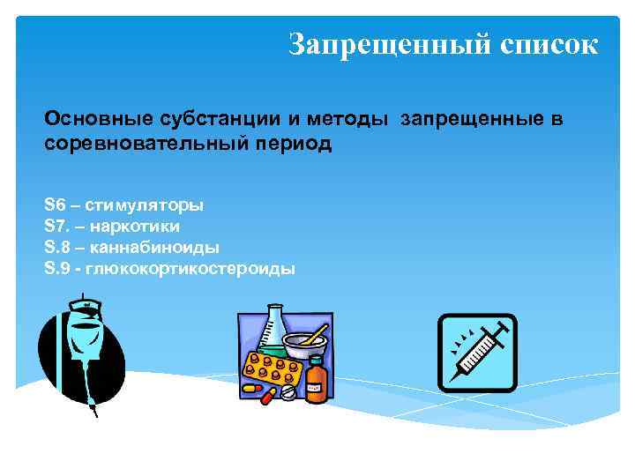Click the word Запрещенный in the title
click(x=383, y=43)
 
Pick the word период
click(x=294, y=143)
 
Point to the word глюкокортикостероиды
click(x=190, y=269)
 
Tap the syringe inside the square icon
click(x=477, y=352)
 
